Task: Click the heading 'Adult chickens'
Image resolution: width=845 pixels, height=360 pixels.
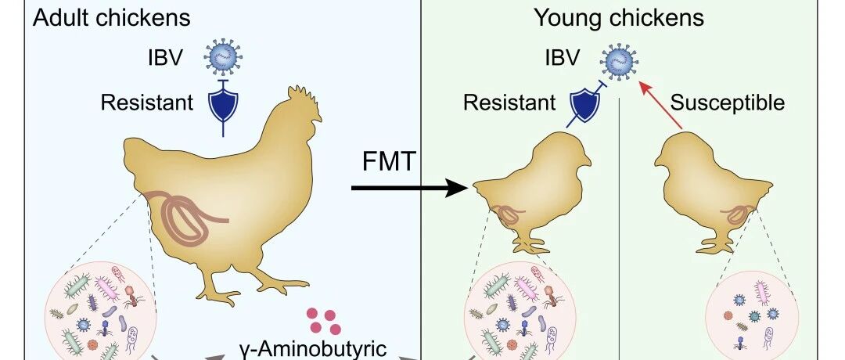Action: (112, 18)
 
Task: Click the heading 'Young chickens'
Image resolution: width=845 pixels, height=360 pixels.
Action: (619, 18)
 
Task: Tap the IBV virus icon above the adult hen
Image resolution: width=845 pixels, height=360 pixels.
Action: (223, 56)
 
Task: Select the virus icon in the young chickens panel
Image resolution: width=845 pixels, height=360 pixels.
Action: (619, 60)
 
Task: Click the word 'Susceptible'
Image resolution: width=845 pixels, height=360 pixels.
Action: (728, 103)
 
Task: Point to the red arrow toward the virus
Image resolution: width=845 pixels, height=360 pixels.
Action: (660, 105)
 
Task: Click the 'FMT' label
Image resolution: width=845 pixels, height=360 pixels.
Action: (389, 162)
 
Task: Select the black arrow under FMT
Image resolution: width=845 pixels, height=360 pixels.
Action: (409, 188)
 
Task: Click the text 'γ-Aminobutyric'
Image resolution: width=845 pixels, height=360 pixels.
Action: (312, 349)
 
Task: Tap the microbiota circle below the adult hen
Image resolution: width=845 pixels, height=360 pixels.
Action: (101, 311)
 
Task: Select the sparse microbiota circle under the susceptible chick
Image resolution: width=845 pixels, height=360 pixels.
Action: (753, 315)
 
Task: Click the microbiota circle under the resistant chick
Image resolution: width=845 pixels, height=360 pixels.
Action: (520, 311)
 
